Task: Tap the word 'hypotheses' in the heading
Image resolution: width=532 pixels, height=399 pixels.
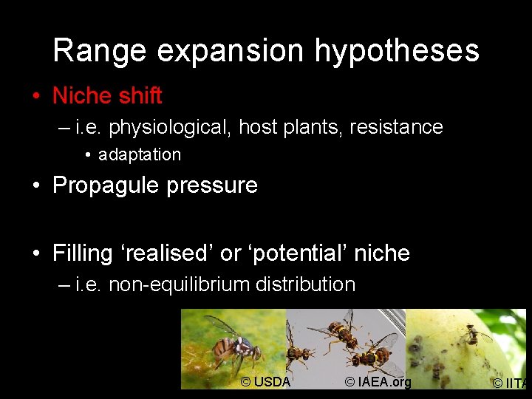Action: pyautogui.click(x=397, y=52)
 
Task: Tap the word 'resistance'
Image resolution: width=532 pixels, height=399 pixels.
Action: pyautogui.click(x=396, y=127)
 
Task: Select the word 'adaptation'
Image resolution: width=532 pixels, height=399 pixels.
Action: pyautogui.click(x=139, y=155)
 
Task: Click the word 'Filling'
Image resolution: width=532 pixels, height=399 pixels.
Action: pyautogui.click(x=82, y=253)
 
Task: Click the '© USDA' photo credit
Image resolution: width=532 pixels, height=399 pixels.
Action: pyautogui.click(x=265, y=382)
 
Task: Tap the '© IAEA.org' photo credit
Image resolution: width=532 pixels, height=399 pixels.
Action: pyautogui.click(x=377, y=382)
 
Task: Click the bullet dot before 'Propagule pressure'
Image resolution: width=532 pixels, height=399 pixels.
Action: pyautogui.click(x=35, y=185)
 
